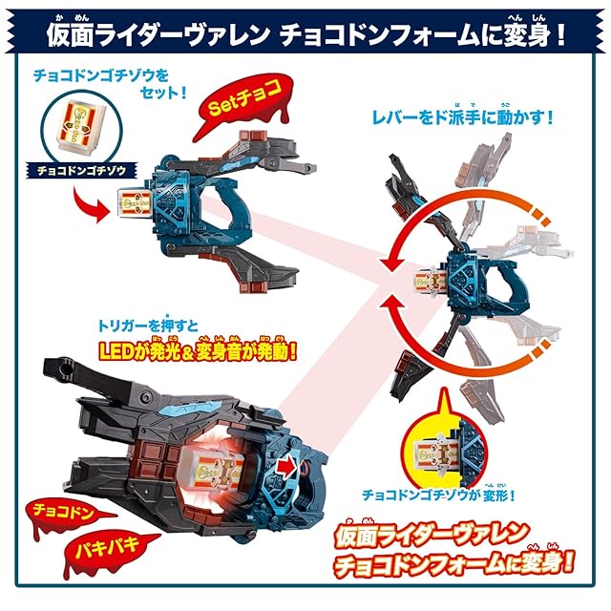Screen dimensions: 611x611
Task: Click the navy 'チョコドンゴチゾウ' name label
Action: click(82, 170)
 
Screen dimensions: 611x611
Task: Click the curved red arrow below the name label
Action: click(91, 204)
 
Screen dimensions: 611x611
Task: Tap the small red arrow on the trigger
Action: click(285, 468)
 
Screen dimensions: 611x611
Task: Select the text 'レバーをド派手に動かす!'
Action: click(462, 116)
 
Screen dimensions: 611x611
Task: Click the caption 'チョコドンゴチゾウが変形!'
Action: click(439, 495)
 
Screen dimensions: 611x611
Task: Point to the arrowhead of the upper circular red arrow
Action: click(389, 265)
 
